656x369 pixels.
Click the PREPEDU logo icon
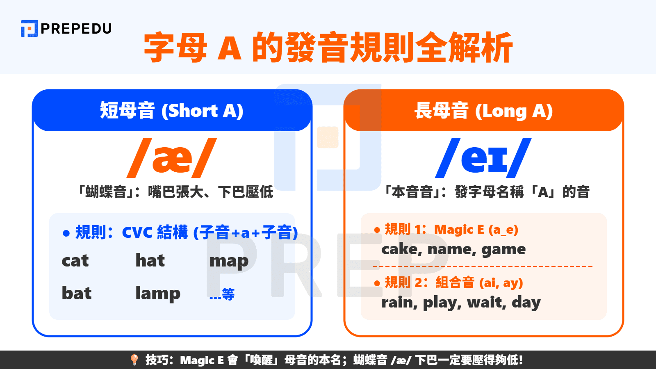click(x=29, y=28)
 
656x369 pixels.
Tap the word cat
click(x=75, y=260)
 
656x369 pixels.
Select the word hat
click(x=150, y=260)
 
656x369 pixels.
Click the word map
click(x=229, y=262)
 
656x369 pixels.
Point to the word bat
click(x=77, y=293)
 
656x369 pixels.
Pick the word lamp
click(x=158, y=294)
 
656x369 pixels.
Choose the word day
click(x=526, y=303)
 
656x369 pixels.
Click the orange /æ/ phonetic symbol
click(x=172, y=158)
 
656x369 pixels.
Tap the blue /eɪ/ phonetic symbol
click(x=483, y=158)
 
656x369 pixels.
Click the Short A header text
click(x=172, y=110)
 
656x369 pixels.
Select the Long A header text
click(x=483, y=111)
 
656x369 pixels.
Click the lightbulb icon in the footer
click(x=134, y=359)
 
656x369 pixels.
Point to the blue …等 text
click(x=222, y=295)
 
